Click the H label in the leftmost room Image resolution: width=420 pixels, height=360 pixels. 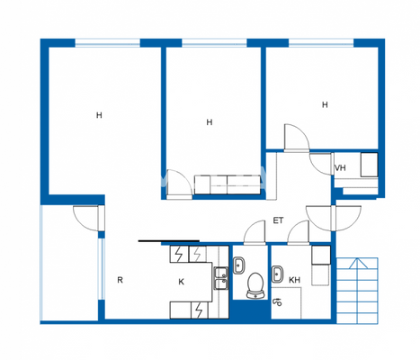pos(99,114)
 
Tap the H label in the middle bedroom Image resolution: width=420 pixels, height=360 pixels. pos(209,122)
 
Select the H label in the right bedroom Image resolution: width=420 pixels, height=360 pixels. pos(325,104)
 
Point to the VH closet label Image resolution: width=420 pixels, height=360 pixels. pos(340,168)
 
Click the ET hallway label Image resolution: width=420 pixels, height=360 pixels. pos(278,220)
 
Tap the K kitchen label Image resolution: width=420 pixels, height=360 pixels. pos(181,282)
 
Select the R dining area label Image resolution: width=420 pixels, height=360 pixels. pos(120,280)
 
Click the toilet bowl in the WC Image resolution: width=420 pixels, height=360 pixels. pos(253,287)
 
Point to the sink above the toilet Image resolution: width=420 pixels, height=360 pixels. pos(239,265)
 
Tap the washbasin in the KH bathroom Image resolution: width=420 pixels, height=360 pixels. pos(278,274)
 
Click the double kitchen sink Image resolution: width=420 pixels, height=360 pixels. pos(219,275)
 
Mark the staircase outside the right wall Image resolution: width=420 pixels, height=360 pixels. pos(357,290)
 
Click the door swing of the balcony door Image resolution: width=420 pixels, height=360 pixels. pos(86,217)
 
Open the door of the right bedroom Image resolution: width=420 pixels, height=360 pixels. pos(297,139)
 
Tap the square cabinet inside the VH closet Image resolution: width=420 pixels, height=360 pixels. pos(368,166)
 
